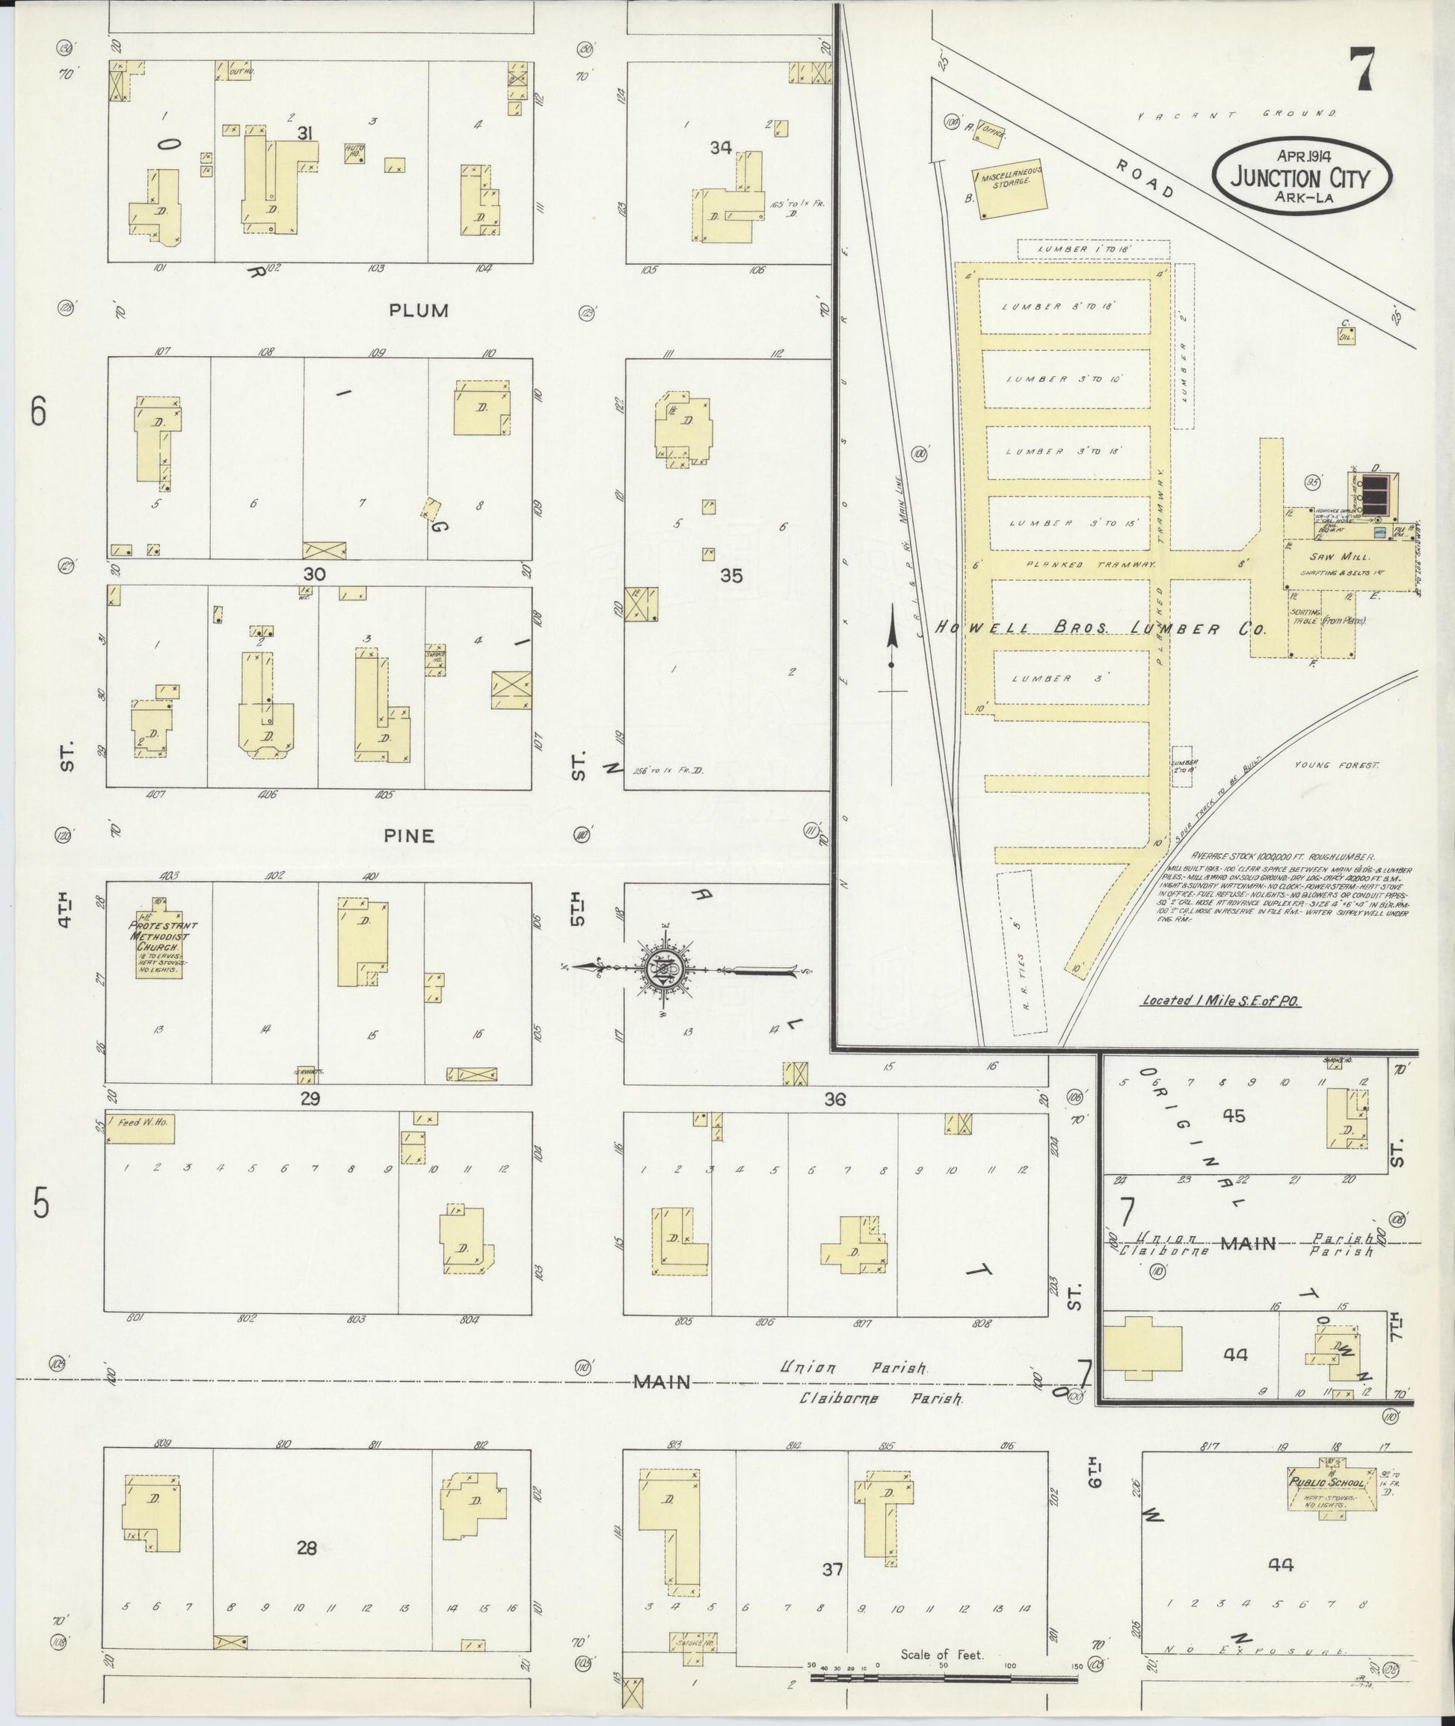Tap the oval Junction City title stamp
click(x=1302, y=175)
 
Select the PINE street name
click(x=409, y=836)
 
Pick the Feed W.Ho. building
click(x=141, y=1128)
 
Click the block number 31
click(x=304, y=132)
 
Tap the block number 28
click(x=307, y=1549)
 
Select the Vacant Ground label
click(x=1237, y=114)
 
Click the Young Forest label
click(x=1335, y=766)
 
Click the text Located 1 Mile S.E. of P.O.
click(x=1221, y=1000)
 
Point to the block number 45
click(x=1234, y=1116)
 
